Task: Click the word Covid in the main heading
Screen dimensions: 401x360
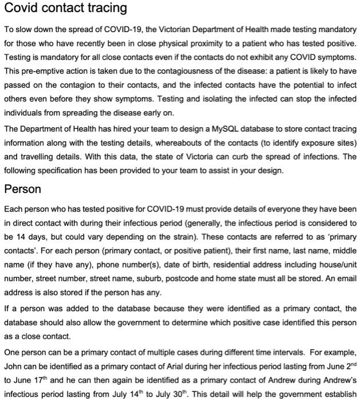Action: [x=22, y=9]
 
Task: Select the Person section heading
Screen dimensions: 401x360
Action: [x=22, y=189]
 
